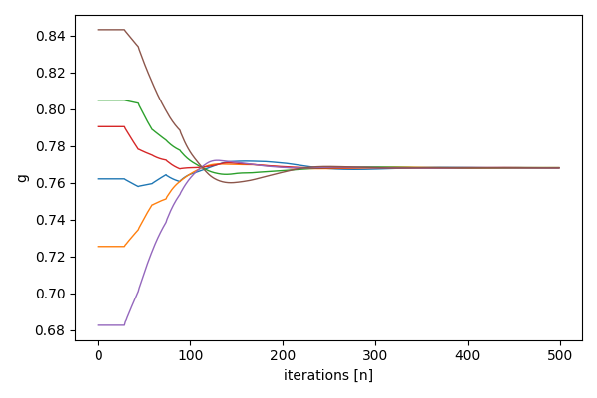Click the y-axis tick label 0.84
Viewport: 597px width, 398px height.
coord(51,36)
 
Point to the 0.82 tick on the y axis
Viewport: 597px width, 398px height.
coord(51,73)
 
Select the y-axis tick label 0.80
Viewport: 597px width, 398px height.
coord(51,109)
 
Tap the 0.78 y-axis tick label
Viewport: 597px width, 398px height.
coord(51,146)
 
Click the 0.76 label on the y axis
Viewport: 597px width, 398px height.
coord(51,183)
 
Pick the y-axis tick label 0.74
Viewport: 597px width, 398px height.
coord(51,220)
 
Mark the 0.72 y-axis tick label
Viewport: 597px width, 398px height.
coord(51,257)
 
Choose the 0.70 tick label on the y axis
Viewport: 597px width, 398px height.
coord(51,294)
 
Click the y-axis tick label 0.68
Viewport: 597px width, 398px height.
coord(51,330)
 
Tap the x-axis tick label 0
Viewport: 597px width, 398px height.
coord(98,355)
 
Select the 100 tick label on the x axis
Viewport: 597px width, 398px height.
coord(190,355)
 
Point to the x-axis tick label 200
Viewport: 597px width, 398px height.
coord(283,355)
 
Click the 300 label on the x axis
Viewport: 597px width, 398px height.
coord(375,355)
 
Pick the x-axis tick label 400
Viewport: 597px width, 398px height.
coord(467,355)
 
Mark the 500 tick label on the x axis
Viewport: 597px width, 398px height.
coord(559,355)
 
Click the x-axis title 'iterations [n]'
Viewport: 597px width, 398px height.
coord(328,375)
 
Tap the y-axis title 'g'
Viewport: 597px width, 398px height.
coord(21,178)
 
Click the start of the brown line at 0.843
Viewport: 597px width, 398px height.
coord(99,30)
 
